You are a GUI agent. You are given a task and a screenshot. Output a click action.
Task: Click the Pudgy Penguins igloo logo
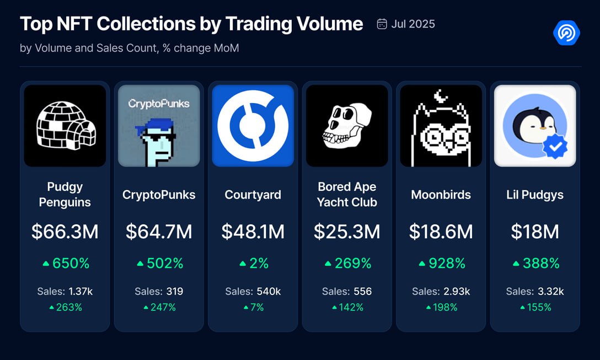point(65,126)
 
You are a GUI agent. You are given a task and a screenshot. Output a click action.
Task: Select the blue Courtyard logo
point(253,126)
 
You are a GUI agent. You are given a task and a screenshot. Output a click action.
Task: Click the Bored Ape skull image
point(347,126)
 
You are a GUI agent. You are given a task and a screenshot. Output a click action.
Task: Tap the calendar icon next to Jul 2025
point(382,24)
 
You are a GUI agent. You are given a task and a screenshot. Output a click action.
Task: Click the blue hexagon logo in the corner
point(566,33)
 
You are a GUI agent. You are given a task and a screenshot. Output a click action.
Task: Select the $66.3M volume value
point(65,232)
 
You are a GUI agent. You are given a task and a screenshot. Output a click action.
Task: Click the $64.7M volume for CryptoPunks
point(159,232)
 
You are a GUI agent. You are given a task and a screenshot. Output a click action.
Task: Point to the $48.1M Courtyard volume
point(253,232)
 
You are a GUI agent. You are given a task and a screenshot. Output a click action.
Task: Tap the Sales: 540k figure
point(253,291)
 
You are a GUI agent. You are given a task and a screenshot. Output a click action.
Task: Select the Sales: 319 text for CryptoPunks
point(159,291)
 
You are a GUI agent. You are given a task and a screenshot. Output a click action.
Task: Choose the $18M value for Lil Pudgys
point(535,232)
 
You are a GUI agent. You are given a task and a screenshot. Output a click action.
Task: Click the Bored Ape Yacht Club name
point(347,195)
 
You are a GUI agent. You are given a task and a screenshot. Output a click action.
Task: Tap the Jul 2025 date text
point(413,24)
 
